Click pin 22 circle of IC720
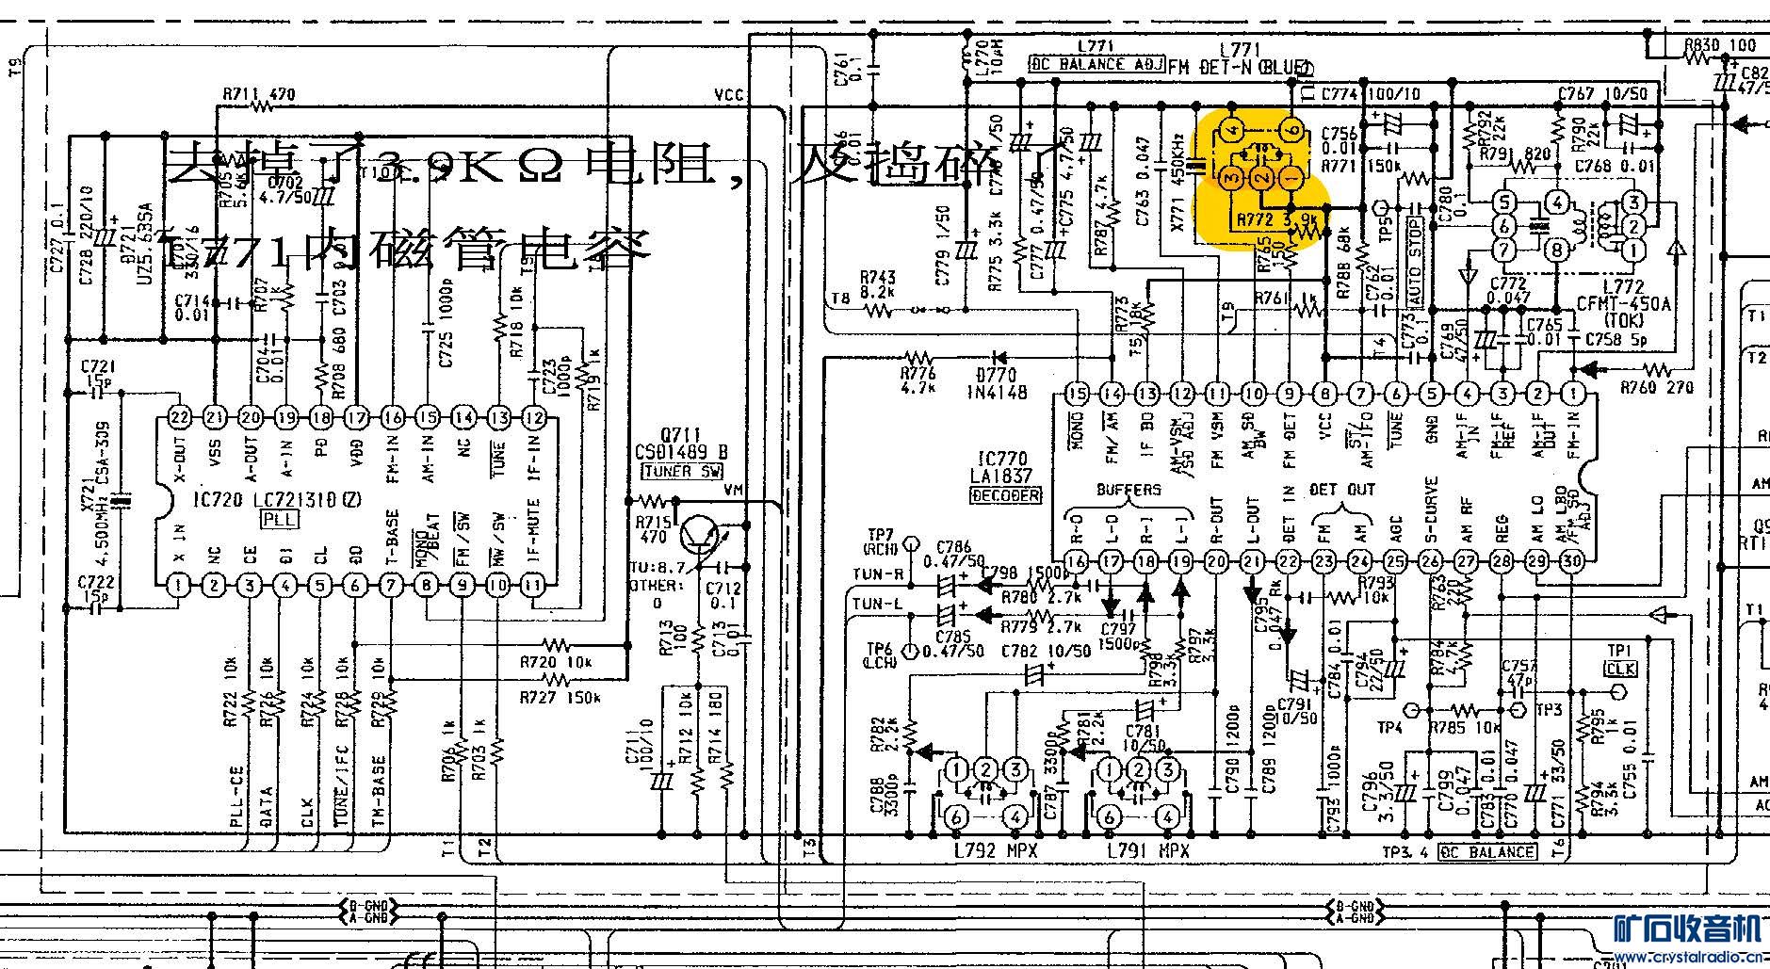pyautogui.click(x=179, y=417)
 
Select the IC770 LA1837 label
pyautogui.click(x=1004, y=468)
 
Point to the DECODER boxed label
pyautogui.click(x=1005, y=495)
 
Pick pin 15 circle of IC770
pyautogui.click(x=1076, y=394)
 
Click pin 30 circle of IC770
pyautogui.click(x=1572, y=562)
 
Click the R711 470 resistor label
pyautogui.click(x=258, y=95)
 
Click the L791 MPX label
pyautogui.click(x=1147, y=851)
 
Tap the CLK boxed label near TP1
pyautogui.click(x=1621, y=669)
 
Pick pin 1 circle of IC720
pyautogui.click(x=179, y=586)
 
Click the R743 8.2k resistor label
pyautogui.click(x=878, y=285)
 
